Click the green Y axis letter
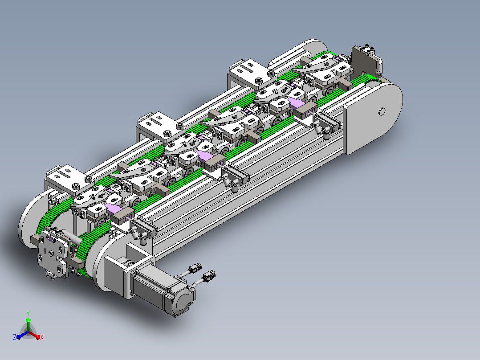pyautogui.click(x=28, y=313)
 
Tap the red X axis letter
pyautogui.click(x=42, y=337)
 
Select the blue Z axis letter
pyautogui.click(x=15, y=337)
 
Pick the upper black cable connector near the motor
pyautogui.click(x=195, y=269)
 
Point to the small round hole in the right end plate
pyautogui.click(x=382, y=111)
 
